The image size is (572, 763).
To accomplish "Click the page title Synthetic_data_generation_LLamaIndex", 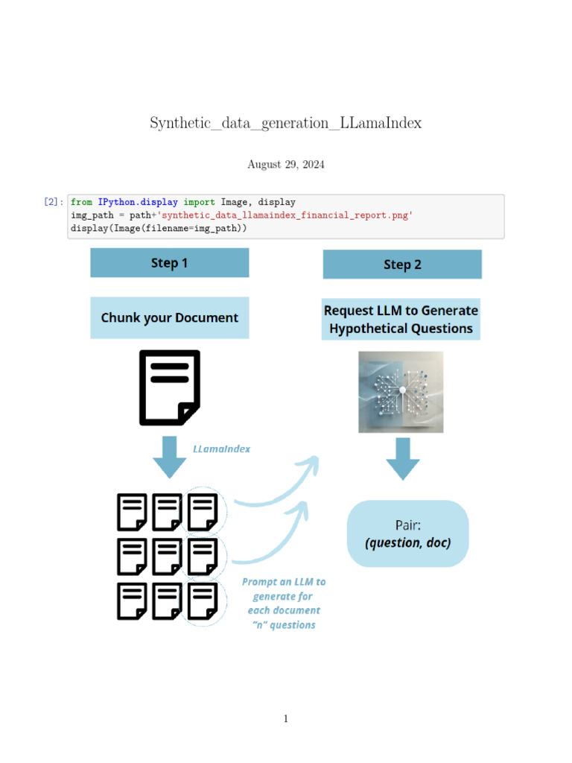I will click(286, 123).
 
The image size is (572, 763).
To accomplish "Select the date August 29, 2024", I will click(286, 165).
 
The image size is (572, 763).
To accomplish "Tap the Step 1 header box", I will click(170, 263).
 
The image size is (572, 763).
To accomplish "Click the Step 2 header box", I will click(402, 265).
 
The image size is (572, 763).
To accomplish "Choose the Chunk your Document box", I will click(170, 317).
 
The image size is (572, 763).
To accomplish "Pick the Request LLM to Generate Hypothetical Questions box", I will click(401, 320).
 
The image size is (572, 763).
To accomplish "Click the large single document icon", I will click(170, 387).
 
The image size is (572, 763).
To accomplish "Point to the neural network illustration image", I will click(401, 392).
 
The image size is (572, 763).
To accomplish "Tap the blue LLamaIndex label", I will click(222, 449).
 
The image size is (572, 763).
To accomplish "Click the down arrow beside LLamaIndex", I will click(170, 457).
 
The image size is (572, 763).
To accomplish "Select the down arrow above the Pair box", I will click(402, 458).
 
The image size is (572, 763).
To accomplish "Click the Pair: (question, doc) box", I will click(408, 534).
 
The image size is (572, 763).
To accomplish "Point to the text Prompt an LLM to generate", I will click(284, 589).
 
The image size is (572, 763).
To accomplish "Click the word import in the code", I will click(199, 202).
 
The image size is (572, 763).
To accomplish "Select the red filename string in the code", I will click(284, 215).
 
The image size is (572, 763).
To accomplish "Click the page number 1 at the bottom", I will click(286, 718).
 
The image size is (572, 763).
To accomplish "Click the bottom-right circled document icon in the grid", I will click(203, 601).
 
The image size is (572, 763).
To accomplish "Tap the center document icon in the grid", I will click(168, 557).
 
